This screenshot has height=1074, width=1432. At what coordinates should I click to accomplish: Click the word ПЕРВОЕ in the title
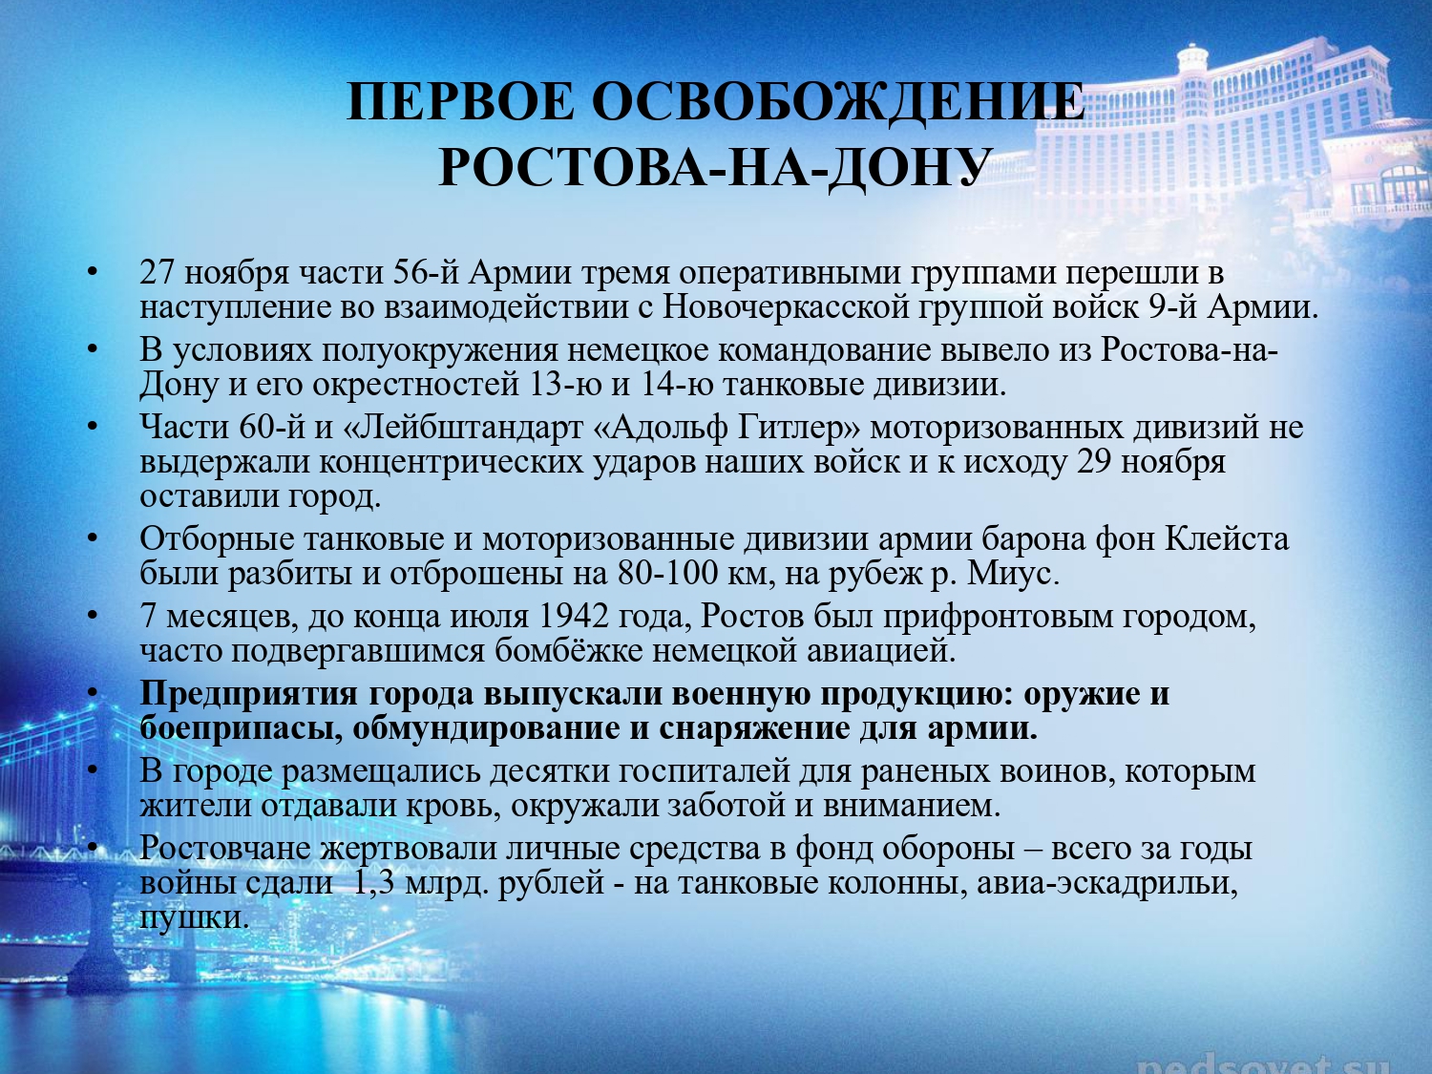click(x=460, y=101)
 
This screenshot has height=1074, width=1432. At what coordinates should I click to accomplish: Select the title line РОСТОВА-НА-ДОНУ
click(x=712, y=168)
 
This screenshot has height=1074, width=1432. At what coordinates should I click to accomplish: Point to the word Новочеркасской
click(x=786, y=307)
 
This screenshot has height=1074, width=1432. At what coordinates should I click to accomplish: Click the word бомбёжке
click(x=569, y=651)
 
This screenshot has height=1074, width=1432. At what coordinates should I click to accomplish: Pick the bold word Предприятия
click(x=248, y=694)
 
